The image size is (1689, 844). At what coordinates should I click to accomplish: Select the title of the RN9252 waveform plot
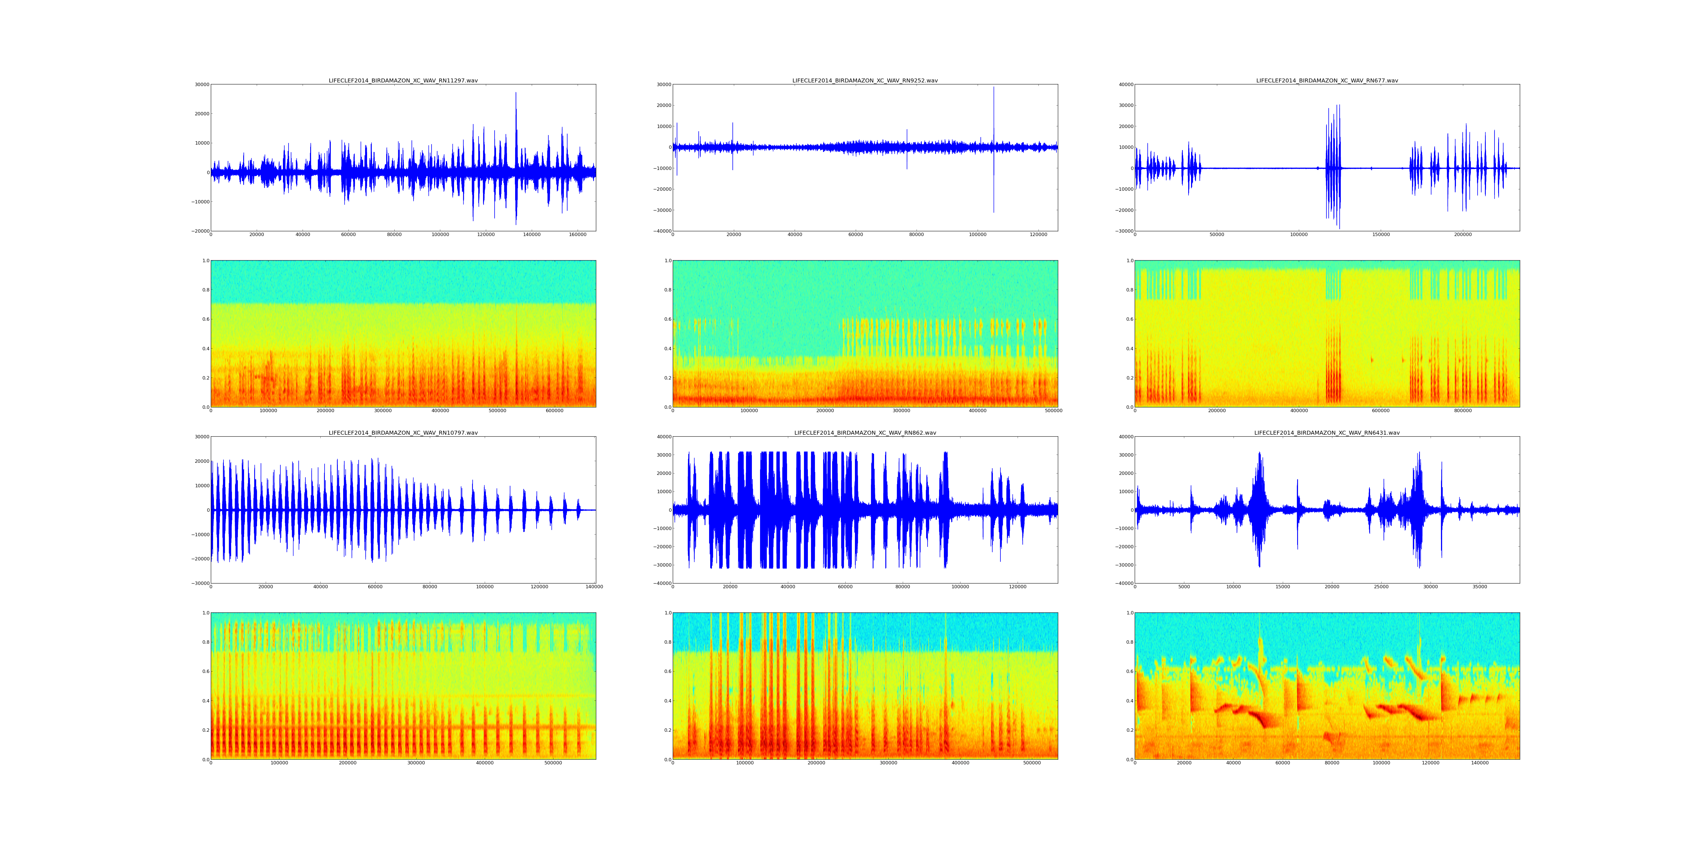click(x=865, y=80)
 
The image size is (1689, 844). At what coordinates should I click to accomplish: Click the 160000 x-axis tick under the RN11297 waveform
click(x=577, y=235)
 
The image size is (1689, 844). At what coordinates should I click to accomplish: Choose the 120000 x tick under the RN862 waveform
click(x=1018, y=587)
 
